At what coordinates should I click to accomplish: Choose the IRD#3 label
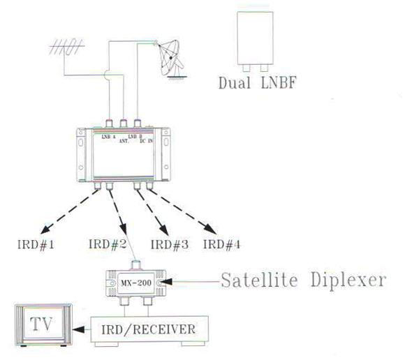click(168, 244)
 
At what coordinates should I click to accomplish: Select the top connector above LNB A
click(110, 123)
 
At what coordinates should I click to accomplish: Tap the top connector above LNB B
click(138, 123)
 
